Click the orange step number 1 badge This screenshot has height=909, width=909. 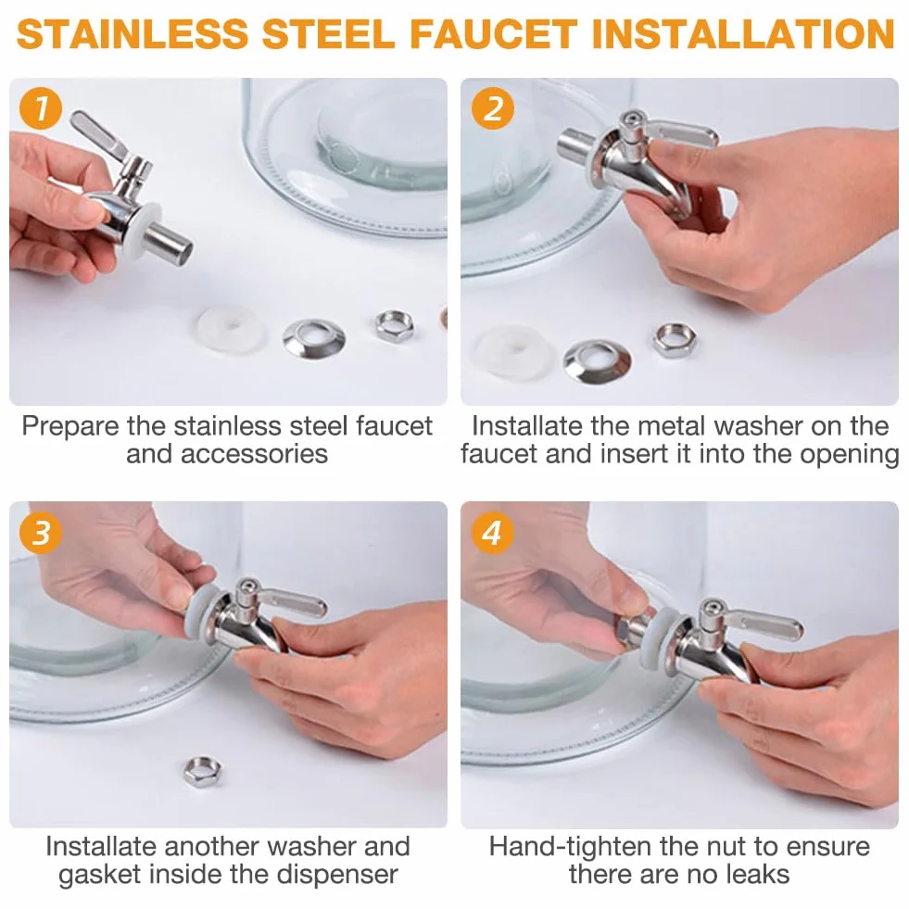click(x=41, y=108)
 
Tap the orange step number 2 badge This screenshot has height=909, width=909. click(x=493, y=108)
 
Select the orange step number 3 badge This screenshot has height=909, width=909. click(x=41, y=532)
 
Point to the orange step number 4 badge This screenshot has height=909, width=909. click(x=493, y=532)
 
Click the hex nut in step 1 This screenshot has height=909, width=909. click(x=394, y=326)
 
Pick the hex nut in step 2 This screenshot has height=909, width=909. click(x=675, y=340)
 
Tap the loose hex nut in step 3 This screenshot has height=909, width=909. click(x=202, y=772)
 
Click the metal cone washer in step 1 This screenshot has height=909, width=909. click(x=313, y=338)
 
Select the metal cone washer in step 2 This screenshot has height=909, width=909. click(x=598, y=361)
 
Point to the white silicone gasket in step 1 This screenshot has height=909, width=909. click(x=232, y=329)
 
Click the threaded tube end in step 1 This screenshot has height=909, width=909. click(x=170, y=246)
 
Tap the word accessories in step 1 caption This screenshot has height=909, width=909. click(x=227, y=454)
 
